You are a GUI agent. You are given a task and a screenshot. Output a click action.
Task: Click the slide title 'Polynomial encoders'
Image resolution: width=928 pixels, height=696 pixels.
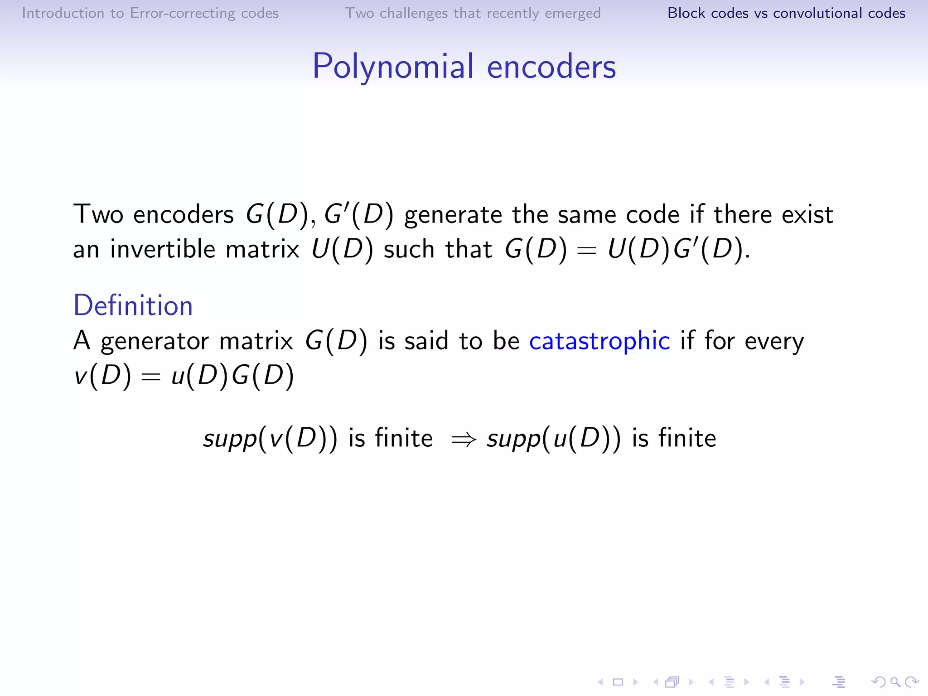[x=464, y=67]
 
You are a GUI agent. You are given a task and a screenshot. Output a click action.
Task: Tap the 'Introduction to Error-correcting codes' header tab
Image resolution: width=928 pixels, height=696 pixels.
[x=150, y=13]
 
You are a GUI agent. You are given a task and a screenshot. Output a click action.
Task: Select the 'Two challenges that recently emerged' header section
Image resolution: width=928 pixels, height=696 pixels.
[x=473, y=13]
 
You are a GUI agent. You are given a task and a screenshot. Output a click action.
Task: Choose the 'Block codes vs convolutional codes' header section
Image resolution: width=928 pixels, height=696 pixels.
[x=786, y=13]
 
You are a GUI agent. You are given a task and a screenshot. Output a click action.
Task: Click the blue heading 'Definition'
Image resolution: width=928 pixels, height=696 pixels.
[x=133, y=305]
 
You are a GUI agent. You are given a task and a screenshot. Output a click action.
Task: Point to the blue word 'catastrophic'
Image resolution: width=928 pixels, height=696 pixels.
[x=599, y=341]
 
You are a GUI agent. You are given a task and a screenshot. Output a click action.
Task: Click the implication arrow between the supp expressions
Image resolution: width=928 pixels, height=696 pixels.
[x=463, y=439]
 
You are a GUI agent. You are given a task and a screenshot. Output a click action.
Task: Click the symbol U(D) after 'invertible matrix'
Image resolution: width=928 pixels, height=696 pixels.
[x=342, y=249]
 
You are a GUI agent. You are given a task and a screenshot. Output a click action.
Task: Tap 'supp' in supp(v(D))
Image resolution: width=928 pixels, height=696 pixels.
[x=230, y=439]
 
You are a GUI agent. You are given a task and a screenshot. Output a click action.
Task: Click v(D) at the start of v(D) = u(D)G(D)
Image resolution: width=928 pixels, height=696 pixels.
[x=102, y=376]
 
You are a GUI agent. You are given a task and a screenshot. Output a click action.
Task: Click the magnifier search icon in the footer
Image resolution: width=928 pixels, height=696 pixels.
[x=895, y=682]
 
